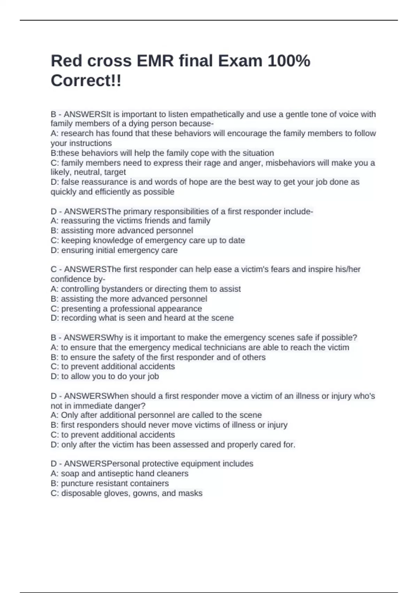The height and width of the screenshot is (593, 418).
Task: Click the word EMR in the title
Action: click(155, 61)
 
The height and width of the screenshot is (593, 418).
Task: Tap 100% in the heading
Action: click(289, 61)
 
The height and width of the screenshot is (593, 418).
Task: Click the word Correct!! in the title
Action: click(86, 81)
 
